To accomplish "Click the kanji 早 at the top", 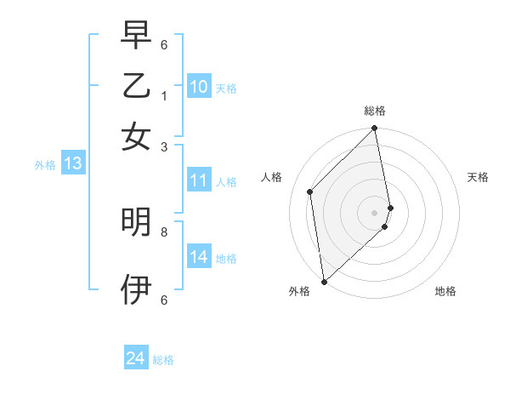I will [x=136, y=36].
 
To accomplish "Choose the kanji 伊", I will [x=136, y=289].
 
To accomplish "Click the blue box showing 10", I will [x=199, y=86].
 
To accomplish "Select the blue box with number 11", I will [x=199, y=180].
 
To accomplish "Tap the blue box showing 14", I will [x=199, y=257].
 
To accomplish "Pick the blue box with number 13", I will [x=72, y=164].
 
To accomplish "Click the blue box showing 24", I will [x=136, y=359].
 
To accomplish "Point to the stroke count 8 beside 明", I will [x=164, y=231].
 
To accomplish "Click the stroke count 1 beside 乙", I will [x=164, y=95].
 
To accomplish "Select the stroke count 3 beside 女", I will [x=164, y=146].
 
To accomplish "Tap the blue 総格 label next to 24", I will [x=163, y=360].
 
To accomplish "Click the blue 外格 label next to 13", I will [x=45, y=165].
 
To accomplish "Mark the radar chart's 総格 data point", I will [x=375, y=129].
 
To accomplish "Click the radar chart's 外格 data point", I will [x=324, y=281].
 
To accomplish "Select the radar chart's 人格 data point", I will [x=310, y=191].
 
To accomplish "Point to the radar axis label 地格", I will [x=445, y=291].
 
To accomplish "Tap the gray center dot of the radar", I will [x=375, y=212].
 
